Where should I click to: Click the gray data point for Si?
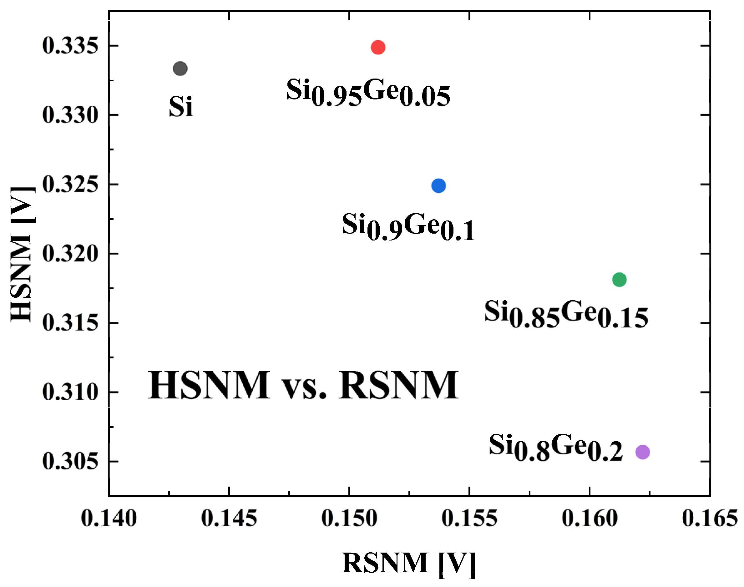(180, 69)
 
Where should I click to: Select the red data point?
(378, 47)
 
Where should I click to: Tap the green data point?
(619, 279)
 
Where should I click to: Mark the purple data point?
(643, 452)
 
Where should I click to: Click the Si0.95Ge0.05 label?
(368, 92)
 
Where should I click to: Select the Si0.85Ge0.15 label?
(566, 314)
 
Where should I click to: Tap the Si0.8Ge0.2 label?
(556, 447)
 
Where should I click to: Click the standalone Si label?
(181, 107)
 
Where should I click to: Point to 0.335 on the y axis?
(70, 46)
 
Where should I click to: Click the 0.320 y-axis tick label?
(70, 254)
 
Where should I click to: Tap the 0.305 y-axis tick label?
(70, 461)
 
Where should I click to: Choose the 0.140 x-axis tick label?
(109, 518)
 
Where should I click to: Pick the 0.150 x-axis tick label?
(349, 518)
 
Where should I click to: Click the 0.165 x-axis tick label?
(710, 518)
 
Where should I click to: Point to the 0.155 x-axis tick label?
(469, 518)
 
